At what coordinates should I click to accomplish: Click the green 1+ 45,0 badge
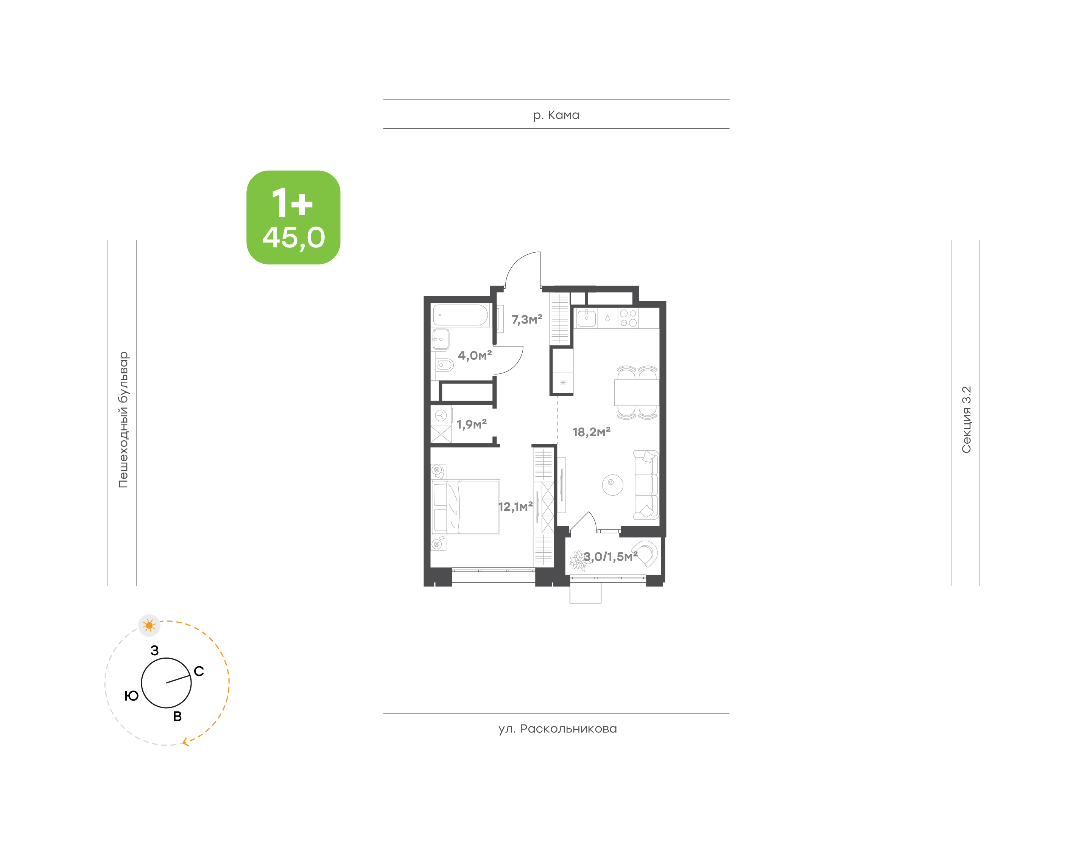pos(293,217)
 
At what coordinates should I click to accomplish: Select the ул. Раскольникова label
pos(557,729)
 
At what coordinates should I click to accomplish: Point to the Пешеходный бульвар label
pos(123,420)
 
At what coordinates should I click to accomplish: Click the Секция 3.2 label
pos(966,420)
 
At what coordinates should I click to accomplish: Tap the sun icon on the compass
pos(149,625)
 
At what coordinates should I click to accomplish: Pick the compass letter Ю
pos(131,696)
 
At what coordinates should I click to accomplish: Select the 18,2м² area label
pos(591,432)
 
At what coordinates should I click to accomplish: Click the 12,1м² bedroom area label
pos(515,507)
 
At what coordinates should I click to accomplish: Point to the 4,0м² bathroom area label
pos(475,355)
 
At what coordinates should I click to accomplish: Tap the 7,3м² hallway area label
pos(527,319)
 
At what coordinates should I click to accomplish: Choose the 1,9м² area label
pos(471,424)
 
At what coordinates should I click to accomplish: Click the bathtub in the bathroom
pos(460,316)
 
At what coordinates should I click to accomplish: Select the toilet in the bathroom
pos(444,365)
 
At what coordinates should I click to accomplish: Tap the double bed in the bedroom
pos(465,507)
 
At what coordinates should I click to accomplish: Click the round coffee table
pos(612,485)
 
